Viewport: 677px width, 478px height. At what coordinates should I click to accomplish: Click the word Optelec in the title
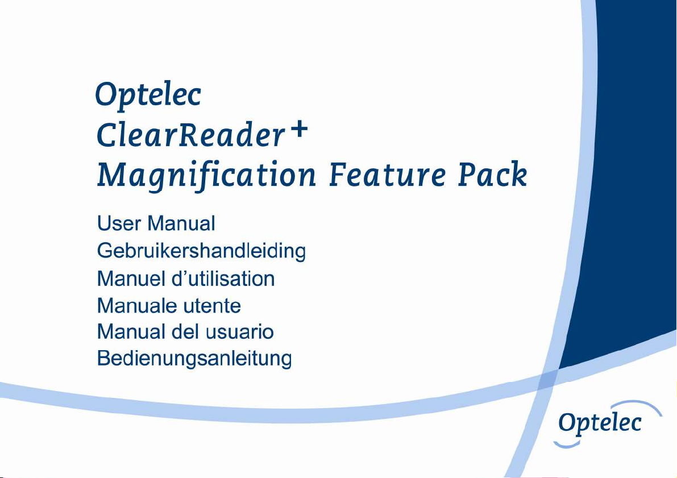point(148,95)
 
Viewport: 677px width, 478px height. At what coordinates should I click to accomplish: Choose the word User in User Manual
point(119,224)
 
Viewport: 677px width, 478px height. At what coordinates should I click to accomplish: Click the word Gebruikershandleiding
point(202,251)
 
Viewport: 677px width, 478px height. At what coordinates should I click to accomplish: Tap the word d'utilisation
point(223,279)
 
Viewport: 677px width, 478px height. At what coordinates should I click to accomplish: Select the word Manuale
point(138,306)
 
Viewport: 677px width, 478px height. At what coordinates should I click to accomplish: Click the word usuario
point(240,332)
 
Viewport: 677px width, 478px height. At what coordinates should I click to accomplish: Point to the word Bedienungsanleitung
point(195,359)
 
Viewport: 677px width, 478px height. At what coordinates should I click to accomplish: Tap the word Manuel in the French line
point(132,279)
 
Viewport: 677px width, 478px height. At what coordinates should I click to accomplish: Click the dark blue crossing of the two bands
point(549,379)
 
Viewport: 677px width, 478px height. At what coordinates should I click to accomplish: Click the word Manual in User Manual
point(181,224)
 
